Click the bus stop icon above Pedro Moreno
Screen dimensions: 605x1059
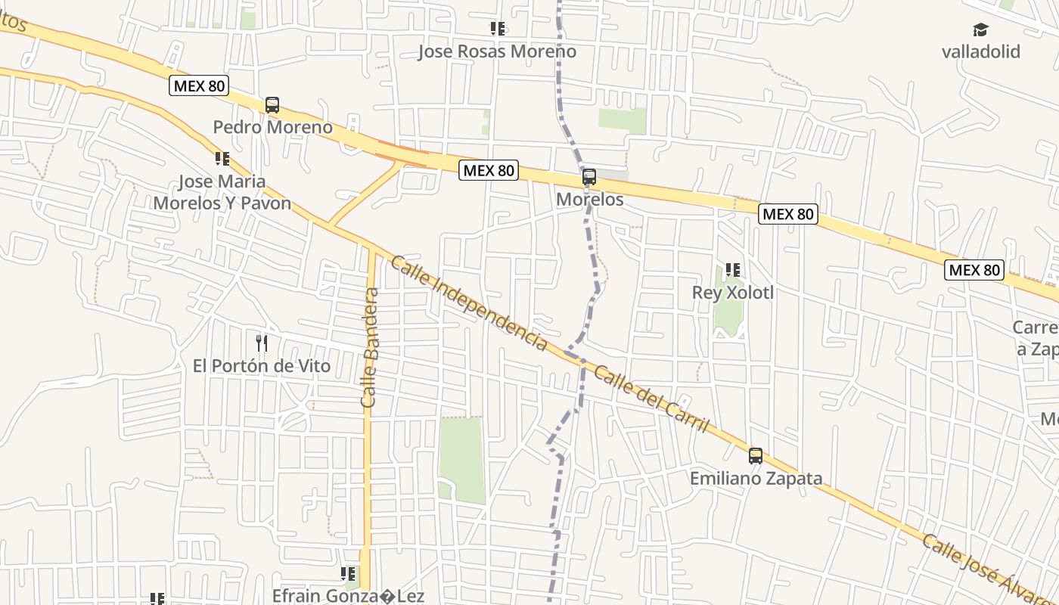click(272, 105)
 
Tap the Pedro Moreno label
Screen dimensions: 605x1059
click(272, 127)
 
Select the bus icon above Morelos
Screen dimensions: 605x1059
click(589, 178)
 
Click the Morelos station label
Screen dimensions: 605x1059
click(590, 200)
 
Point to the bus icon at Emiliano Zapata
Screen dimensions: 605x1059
click(756, 455)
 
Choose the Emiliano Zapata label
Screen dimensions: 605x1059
click(756, 479)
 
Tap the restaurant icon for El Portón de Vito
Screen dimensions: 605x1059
click(262, 343)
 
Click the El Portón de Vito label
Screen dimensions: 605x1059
click(262, 366)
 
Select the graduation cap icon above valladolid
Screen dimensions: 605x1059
click(980, 30)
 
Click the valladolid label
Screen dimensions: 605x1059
click(980, 52)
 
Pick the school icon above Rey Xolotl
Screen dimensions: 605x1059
click(732, 270)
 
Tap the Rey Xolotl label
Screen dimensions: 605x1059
click(733, 292)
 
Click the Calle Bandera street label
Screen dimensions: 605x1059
click(370, 348)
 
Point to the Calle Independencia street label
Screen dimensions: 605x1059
click(469, 302)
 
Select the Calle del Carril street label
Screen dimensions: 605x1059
click(651, 399)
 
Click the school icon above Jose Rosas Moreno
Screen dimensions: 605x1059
click(497, 29)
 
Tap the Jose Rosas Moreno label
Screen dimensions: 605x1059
click(497, 51)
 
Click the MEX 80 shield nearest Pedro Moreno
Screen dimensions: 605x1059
click(199, 85)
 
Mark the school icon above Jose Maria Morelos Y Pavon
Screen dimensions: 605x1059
click(222, 159)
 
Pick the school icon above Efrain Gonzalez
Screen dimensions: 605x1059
click(348, 574)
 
